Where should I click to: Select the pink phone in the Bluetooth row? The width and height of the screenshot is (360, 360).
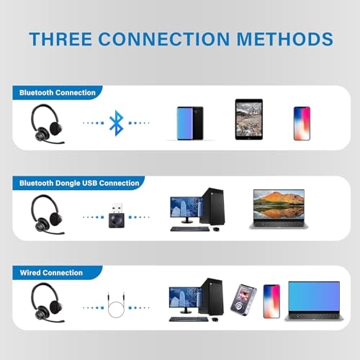(x=302, y=123)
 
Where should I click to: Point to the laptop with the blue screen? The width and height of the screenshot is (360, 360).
(x=314, y=301)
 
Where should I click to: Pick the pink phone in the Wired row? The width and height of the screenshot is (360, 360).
(x=271, y=300)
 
